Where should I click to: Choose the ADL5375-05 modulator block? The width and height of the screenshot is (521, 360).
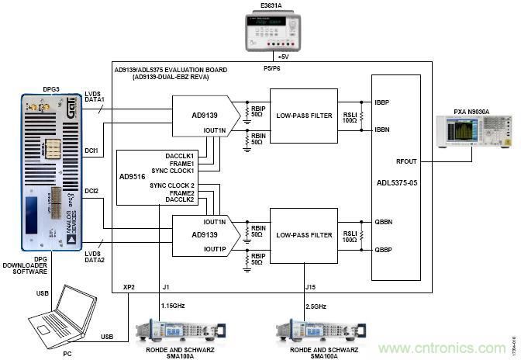(x=396, y=178)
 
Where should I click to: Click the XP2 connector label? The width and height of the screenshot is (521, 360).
(x=129, y=287)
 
